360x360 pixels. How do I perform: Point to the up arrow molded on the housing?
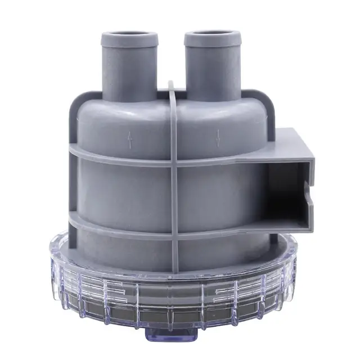[130, 138]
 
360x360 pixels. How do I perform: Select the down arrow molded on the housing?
[218, 137]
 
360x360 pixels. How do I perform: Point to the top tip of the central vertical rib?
[172, 84]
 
